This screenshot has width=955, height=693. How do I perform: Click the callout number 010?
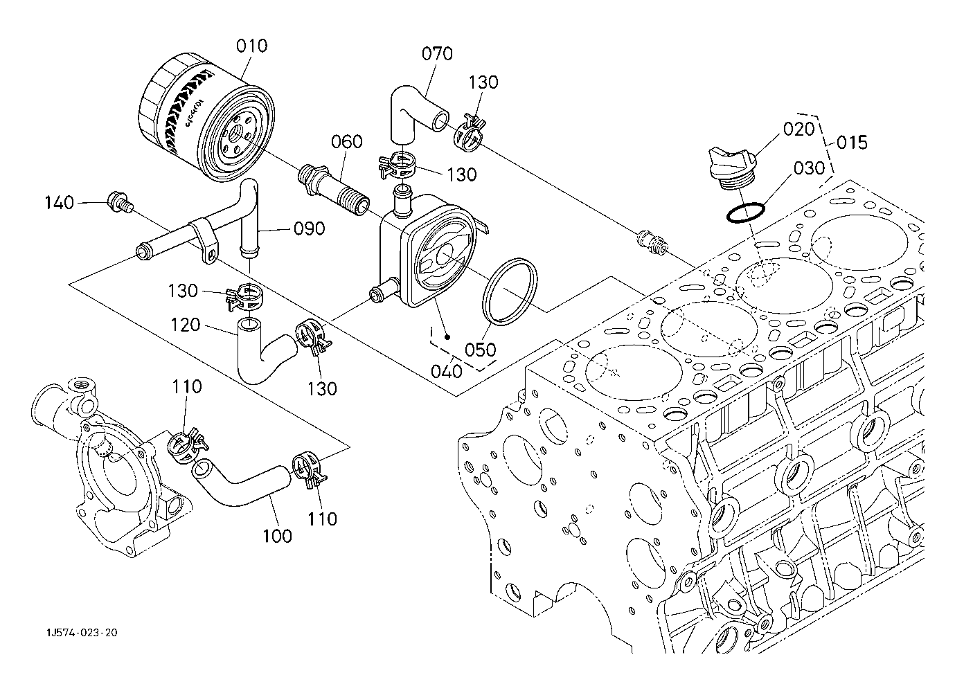click(x=251, y=47)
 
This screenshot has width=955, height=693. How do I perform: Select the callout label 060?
click(x=346, y=142)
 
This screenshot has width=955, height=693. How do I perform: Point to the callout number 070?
click(x=437, y=54)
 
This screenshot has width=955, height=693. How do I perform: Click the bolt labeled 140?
click(x=119, y=202)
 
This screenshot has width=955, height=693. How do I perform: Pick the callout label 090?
click(x=309, y=228)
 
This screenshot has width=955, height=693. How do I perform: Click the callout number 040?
click(x=447, y=371)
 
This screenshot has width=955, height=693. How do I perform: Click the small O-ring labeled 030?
click(x=746, y=213)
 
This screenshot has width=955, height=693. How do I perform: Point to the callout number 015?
click(x=851, y=143)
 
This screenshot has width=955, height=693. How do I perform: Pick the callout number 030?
click(x=809, y=168)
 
